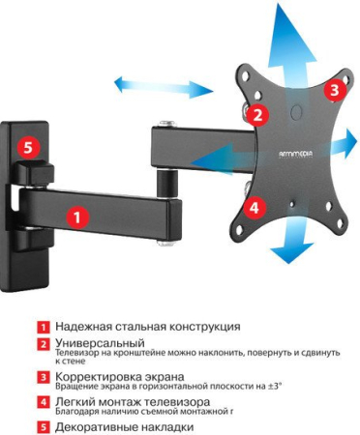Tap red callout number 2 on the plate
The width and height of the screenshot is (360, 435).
point(256,114)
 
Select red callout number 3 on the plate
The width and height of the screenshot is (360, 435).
point(334,90)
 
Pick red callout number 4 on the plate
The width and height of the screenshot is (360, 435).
point(254,207)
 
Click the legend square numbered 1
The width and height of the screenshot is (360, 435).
point(45,328)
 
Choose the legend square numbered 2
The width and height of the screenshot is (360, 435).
point(45,344)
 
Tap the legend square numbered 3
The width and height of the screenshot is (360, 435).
point(45,377)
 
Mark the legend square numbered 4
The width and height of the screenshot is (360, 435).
point(45,401)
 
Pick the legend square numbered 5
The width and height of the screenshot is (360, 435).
point(45,425)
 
